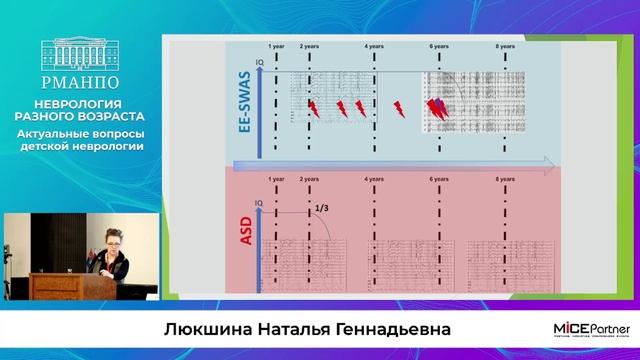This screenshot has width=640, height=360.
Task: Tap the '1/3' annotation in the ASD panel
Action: tap(322, 208)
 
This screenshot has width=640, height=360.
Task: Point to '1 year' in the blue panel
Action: tap(277, 46)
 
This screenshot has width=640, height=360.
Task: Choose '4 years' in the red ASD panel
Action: tap(374, 178)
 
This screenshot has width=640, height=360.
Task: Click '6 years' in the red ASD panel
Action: tap(440, 178)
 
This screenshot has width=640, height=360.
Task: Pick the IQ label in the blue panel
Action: tap(258, 64)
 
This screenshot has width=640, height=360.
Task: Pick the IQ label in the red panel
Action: tap(258, 201)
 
